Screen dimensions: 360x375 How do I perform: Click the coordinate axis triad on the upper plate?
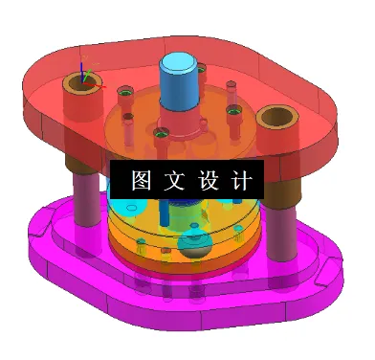[86, 77]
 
